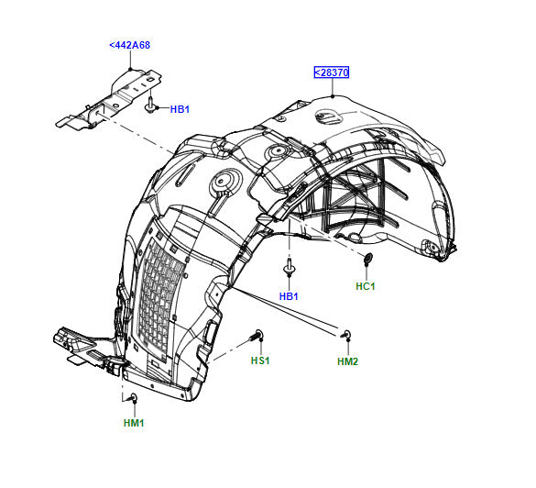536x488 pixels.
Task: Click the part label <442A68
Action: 129,45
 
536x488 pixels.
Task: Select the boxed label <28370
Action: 332,72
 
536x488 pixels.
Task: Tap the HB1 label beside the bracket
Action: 180,109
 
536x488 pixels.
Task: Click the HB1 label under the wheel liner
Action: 289,296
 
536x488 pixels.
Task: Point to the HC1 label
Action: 366,286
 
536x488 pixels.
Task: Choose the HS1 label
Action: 260,360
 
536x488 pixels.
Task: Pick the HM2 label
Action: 347,361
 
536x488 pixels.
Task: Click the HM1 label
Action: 134,423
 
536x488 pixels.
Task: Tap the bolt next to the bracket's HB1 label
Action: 149,105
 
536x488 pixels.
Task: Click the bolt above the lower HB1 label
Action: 290,267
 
